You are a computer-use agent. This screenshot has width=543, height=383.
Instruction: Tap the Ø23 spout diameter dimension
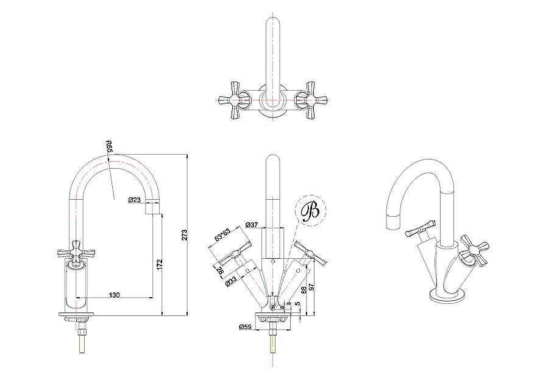[x=134, y=200]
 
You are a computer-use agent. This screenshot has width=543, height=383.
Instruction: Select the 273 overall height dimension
[x=185, y=235]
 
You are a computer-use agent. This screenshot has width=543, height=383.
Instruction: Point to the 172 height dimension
[x=159, y=264]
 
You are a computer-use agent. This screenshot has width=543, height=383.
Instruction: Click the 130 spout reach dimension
[x=115, y=295]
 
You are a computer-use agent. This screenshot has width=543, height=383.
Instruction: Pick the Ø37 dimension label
[x=252, y=225]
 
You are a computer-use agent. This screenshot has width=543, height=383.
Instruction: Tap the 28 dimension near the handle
[x=219, y=270]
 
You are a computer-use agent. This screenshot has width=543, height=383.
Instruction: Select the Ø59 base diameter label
[x=245, y=327]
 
